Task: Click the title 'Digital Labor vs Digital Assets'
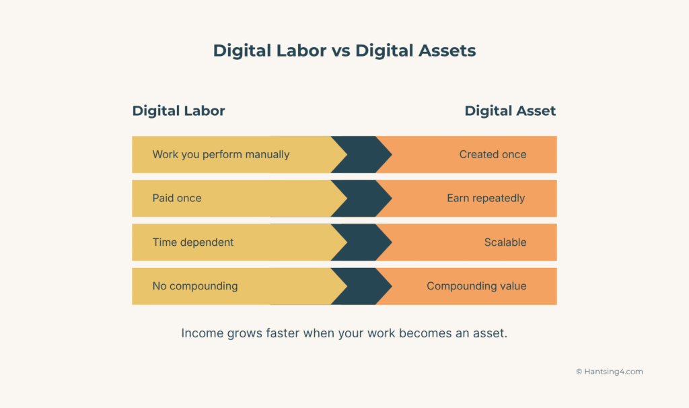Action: pos(344,50)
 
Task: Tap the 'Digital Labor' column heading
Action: pos(178,111)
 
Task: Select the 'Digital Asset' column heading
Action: pos(510,111)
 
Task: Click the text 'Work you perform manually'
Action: pos(221,154)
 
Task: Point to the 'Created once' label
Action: pos(493,154)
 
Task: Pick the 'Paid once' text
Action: pos(177,198)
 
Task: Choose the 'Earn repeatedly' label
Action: pos(486,198)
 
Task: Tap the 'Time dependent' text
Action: pos(193,242)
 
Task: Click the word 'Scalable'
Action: pos(505,242)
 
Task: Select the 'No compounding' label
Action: pos(195,286)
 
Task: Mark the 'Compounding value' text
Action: pos(476,286)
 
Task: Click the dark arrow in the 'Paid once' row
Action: pos(362,198)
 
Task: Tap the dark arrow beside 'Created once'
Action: pos(362,154)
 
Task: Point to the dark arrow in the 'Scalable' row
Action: pos(362,242)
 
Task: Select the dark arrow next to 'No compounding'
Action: pos(362,286)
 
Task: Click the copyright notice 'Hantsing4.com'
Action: pos(609,372)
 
